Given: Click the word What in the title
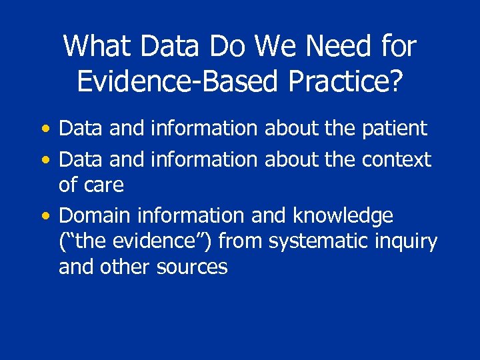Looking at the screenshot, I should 93,47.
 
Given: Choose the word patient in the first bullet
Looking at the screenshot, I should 395,129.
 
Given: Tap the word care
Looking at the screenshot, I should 105,185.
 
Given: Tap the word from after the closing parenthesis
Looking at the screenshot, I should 239,241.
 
